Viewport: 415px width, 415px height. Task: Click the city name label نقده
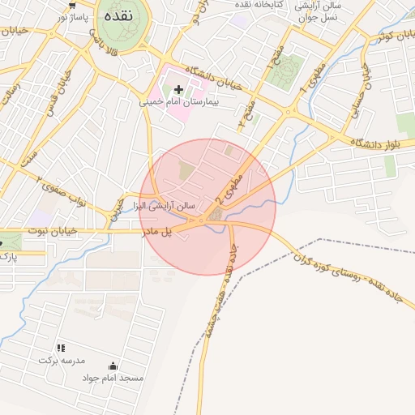click(118, 15)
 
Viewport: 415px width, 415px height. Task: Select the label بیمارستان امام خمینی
click(179, 103)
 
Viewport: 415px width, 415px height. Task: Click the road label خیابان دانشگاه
click(214, 79)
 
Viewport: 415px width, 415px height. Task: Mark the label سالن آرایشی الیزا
click(167, 207)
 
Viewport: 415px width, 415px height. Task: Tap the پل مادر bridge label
click(157, 233)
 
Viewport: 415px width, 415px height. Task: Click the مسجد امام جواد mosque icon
click(112, 366)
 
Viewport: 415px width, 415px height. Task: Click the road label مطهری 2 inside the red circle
click(229, 186)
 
